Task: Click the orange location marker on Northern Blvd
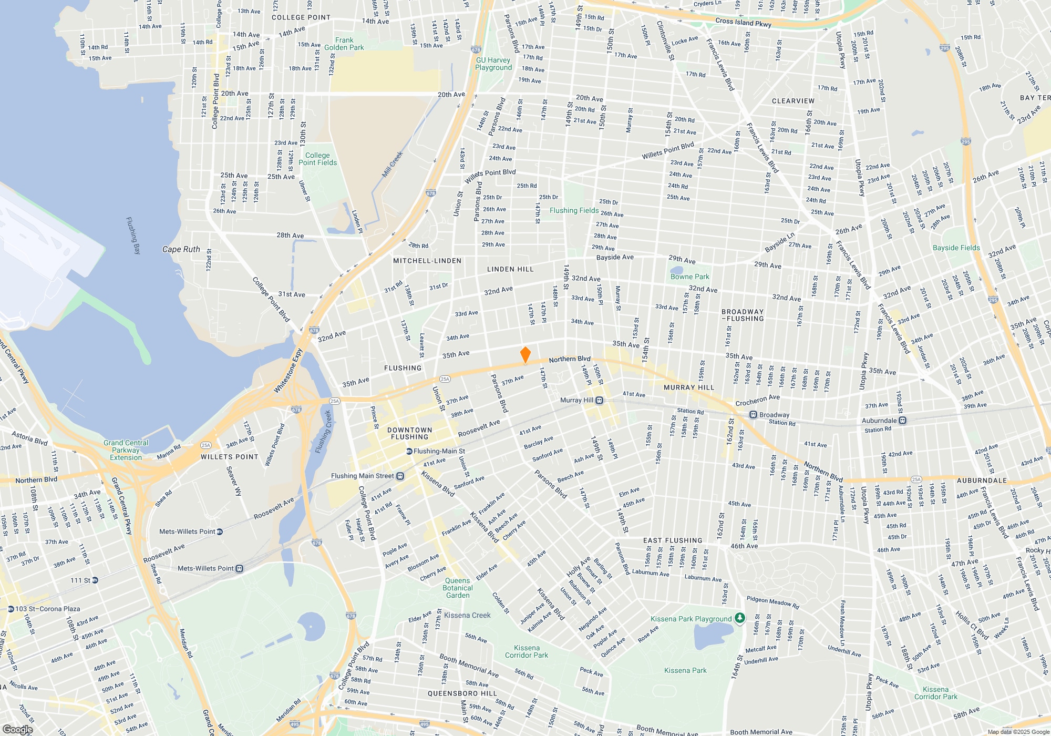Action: (x=525, y=355)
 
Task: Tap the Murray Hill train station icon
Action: (x=599, y=401)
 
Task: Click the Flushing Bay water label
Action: (x=133, y=236)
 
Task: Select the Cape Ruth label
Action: (x=181, y=249)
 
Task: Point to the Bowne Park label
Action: (x=689, y=277)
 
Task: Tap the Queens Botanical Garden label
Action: (x=458, y=588)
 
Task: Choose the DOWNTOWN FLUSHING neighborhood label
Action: (x=410, y=433)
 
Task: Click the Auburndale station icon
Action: (x=903, y=421)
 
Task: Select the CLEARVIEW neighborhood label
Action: (x=793, y=101)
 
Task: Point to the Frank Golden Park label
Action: (x=344, y=44)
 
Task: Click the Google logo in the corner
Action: (x=18, y=729)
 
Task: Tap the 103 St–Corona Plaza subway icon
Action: (x=11, y=609)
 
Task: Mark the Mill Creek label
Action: (x=393, y=164)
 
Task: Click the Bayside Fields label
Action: (x=956, y=248)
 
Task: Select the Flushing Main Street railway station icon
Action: (x=400, y=476)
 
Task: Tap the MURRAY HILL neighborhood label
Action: (x=689, y=387)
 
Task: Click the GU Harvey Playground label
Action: (x=493, y=64)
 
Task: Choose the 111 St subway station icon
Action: (x=95, y=580)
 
